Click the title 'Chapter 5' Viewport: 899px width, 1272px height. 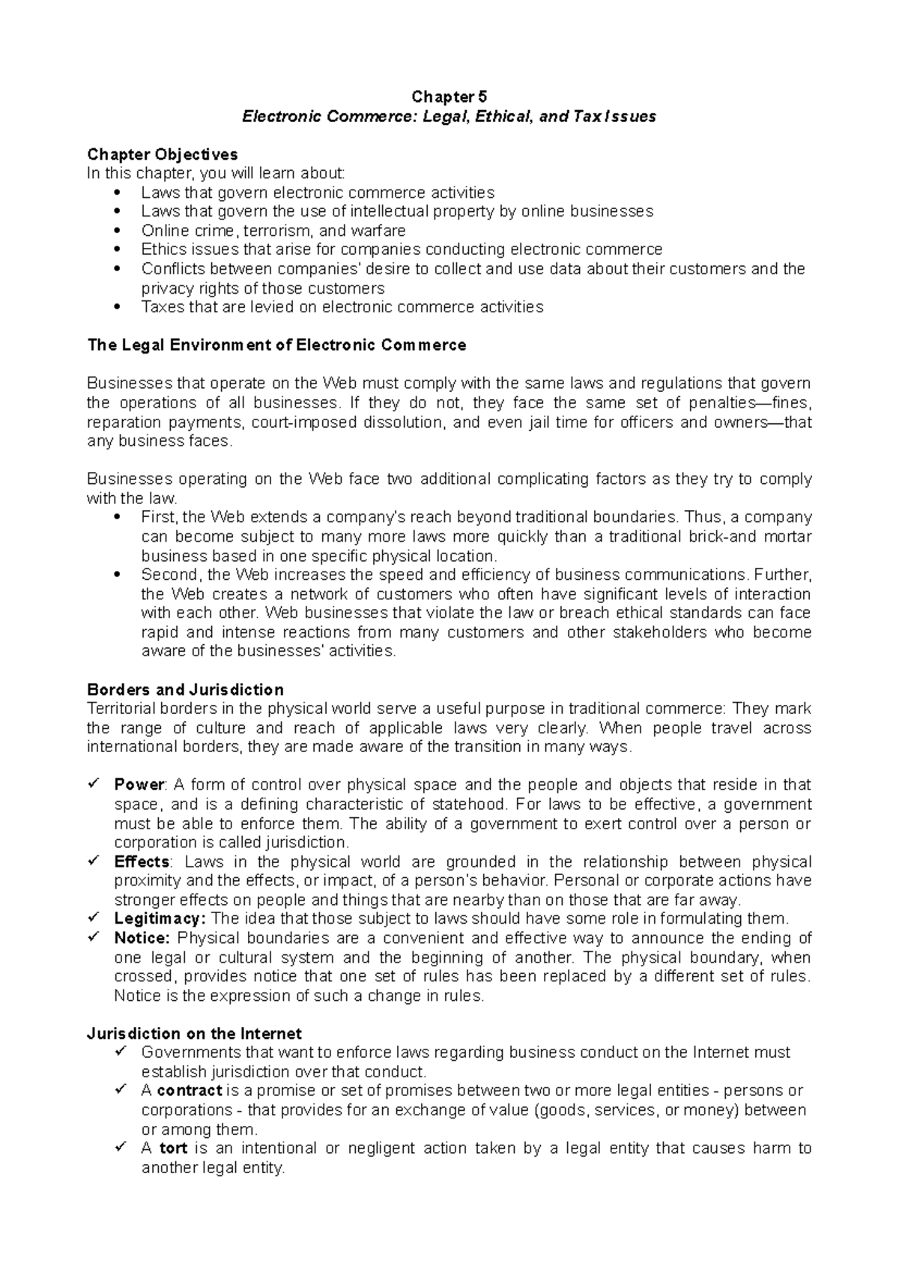click(449, 97)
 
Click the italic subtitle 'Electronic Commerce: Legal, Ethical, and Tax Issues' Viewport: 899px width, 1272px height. click(449, 116)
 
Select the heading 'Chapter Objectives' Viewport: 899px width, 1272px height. click(163, 154)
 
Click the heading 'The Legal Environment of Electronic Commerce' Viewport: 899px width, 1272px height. click(276, 345)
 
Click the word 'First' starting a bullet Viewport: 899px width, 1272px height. click(157, 518)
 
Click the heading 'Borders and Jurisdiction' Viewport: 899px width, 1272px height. click(185, 689)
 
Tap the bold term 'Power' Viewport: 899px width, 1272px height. click(139, 785)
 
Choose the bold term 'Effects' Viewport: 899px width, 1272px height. click(142, 861)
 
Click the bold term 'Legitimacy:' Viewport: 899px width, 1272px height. click(160, 918)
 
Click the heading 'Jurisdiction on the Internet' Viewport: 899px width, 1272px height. click(195, 1034)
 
